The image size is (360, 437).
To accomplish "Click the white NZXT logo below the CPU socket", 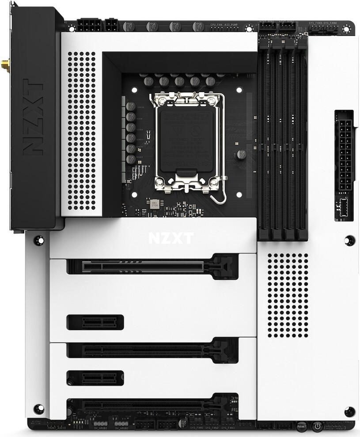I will tap(171, 238).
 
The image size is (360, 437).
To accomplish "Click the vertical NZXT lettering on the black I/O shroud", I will tap(33, 117).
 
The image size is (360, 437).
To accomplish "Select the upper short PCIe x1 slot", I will tap(95, 322).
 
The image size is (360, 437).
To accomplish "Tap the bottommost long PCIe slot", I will tap(150, 404).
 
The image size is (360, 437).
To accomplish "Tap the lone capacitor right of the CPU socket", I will tap(241, 154).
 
